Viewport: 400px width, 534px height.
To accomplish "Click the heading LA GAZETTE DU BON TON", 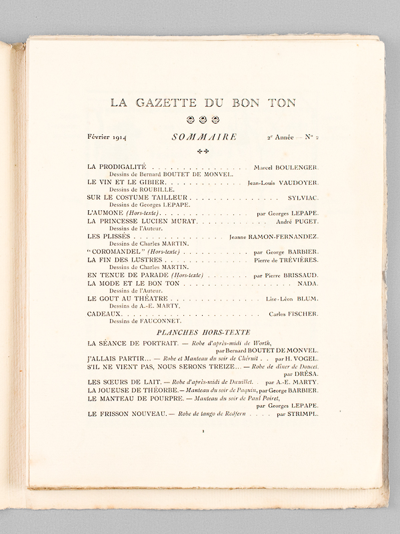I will (203, 103).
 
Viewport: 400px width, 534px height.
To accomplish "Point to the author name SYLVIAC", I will (301, 198).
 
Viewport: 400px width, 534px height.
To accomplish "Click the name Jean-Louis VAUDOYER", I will (282, 182).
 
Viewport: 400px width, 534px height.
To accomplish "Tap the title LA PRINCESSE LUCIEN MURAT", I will (142, 221).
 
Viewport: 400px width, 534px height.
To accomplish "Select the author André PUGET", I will (298, 221).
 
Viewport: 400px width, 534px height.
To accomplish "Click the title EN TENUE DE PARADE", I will (127, 275).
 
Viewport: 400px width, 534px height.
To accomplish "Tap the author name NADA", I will (307, 284).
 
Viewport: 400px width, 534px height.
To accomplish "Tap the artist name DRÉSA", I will (306, 374).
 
